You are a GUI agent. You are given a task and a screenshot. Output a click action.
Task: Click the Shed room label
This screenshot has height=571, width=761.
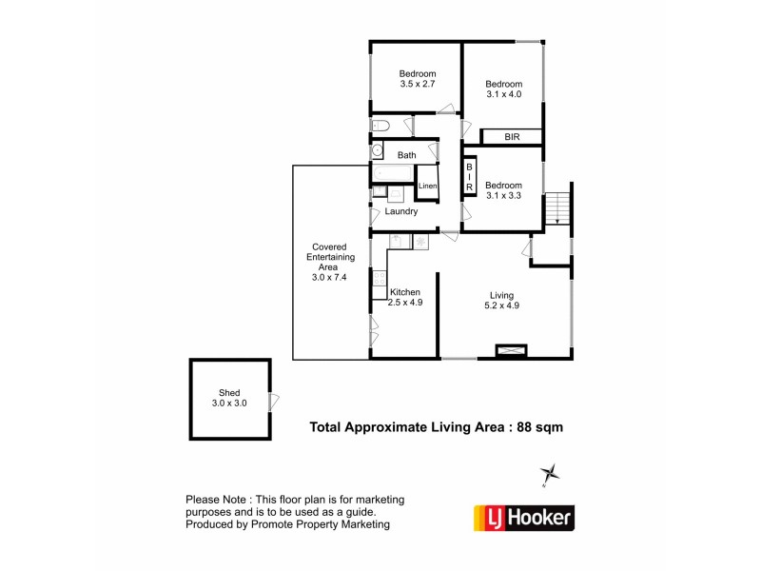pyautogui.click(x=229, y=398)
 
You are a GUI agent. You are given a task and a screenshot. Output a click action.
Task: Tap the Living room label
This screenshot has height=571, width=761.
pyautogui.click(x=504, y=300)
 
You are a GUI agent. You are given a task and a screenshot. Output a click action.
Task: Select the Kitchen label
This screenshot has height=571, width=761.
pyautogui.click(x=404, y=297)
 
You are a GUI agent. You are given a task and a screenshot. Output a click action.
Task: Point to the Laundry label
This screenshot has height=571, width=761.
pyautogui.click(x=400, y=211)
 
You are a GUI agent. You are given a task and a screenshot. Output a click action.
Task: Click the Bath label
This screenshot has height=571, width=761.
pyautogui.click(x=406, y=155)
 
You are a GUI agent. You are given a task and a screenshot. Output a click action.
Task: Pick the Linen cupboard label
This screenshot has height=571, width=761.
pyautogui.click(x=427, y=186)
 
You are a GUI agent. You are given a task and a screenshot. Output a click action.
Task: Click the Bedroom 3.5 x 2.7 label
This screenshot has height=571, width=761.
pyautogui.click(x=418, y=79)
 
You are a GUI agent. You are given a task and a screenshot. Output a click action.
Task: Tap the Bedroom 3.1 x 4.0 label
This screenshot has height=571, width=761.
pyautogui.click(x=504, y=89)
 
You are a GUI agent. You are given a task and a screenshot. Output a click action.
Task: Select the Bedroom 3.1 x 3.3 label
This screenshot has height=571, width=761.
pyautogui.click(x=504, y=190)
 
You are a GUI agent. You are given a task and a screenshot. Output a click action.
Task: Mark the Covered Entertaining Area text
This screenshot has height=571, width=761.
pyautogui.click(x=333, y=262)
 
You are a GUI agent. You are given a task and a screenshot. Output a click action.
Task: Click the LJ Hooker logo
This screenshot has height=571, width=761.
pyautogui.click(x=523, y=518)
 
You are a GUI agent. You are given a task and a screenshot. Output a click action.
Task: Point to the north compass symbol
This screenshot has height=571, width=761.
pyautogui.click(x=549, y=474)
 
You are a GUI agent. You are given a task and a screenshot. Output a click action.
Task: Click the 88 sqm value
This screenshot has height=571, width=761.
pyautogui.click(x=539, y=427)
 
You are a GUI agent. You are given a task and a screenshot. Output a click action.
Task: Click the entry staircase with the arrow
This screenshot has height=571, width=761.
pyautogui.click(x=556, y=207)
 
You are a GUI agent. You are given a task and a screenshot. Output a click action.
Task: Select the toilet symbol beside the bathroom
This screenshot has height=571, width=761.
pyautogui.click(x=379, y=126)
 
